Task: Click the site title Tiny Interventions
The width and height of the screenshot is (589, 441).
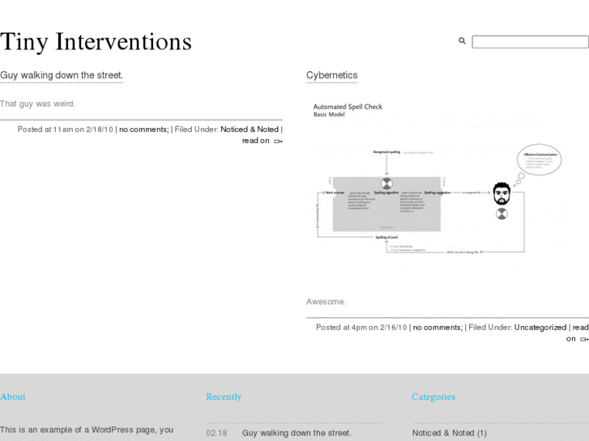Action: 96,41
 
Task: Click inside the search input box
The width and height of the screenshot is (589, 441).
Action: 529,41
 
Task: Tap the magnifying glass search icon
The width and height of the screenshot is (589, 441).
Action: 463,40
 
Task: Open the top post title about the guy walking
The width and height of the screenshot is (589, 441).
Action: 62,75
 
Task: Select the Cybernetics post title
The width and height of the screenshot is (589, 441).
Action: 331,75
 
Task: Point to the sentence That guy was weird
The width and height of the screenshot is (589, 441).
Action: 37,104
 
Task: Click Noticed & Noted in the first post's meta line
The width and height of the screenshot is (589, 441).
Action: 250,129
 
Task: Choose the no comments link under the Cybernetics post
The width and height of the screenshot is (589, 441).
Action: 437,327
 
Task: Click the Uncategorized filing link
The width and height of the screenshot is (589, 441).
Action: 540,327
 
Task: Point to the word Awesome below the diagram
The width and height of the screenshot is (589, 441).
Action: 325,302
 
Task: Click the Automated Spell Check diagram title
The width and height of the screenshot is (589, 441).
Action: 348,107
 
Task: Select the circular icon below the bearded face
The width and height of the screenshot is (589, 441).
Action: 502,214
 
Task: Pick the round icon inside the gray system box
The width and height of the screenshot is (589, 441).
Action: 386,184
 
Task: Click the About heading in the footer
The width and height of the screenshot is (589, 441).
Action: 13,396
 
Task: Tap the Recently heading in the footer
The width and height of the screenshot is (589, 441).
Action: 224,396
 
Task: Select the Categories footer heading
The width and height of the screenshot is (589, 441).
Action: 433,396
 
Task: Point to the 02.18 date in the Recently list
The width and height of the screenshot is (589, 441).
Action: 216,433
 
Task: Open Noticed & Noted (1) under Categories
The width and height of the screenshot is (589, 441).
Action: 449,433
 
